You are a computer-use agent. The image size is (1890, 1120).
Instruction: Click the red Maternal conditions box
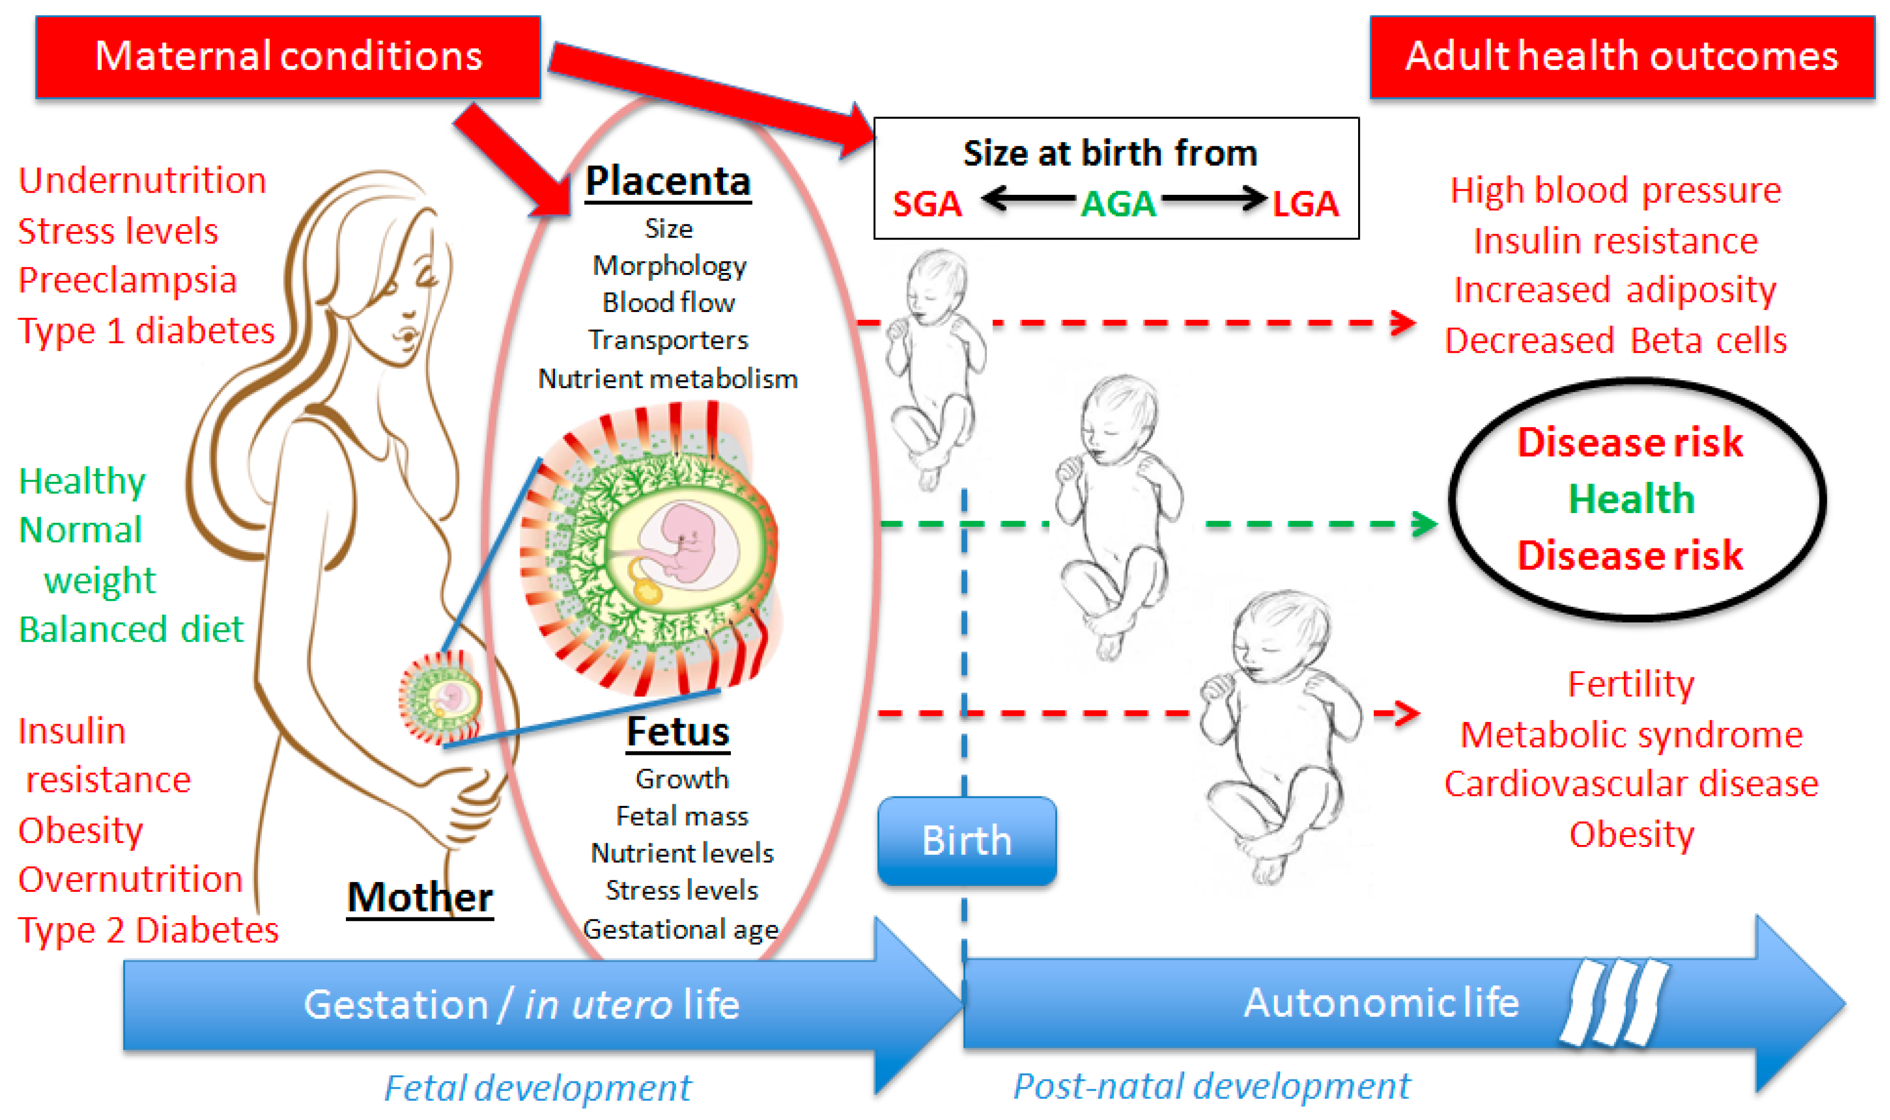[288, 57]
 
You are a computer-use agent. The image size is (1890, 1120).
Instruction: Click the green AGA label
[1117, 204]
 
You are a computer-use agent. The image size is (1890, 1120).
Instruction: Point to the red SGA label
[927, 204]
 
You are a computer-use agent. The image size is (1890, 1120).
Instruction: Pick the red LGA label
[1305, 204]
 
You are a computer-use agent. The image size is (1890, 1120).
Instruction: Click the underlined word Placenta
[668, 181]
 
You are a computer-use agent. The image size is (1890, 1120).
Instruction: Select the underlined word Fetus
[678, 731]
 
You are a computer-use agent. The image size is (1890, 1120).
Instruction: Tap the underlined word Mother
[419, 898]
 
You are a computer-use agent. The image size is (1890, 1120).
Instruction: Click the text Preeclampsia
[128, 280]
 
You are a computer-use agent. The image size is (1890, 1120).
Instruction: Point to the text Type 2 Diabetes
[148, 930]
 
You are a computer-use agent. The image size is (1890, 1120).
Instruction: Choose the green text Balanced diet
[131, 629]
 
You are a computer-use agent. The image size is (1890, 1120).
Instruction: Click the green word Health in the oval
[1631, 499]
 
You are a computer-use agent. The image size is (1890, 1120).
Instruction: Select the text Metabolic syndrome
[1631, 735]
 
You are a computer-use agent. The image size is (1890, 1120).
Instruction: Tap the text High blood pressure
[1615, 190]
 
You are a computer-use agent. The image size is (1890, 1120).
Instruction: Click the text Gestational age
[680, 929]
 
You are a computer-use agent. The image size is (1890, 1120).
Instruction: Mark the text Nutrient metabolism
[668, 378]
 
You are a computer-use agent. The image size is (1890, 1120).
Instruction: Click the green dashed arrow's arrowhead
[1424, 524]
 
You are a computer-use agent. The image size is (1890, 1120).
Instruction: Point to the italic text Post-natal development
[1211, 1086]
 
